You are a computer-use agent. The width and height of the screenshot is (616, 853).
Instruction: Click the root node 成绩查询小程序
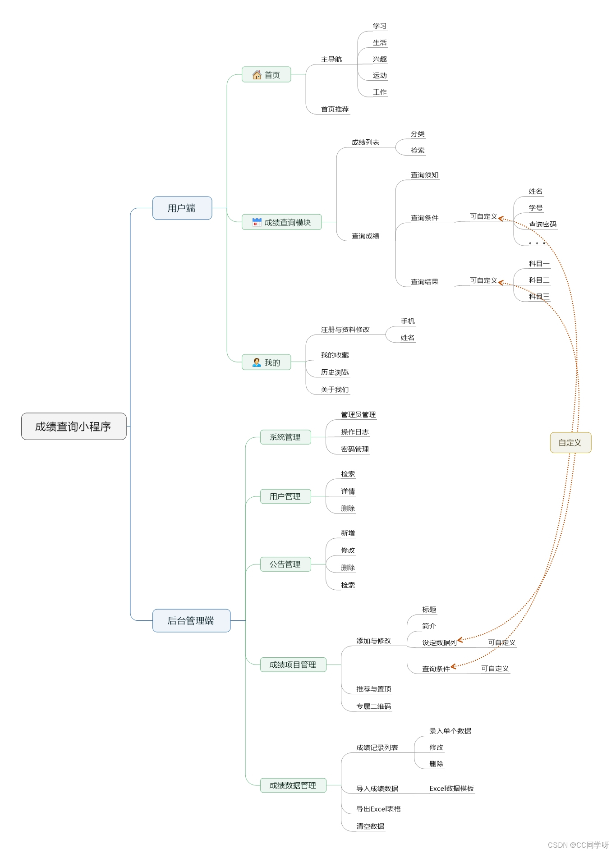[x=74, y=426]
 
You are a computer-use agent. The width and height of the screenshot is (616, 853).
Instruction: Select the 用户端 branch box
[x=182, y=208]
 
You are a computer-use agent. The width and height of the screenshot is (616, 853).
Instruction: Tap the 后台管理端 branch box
[x=191, y=620]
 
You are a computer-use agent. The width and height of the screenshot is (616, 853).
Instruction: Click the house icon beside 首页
[x=257, y=74]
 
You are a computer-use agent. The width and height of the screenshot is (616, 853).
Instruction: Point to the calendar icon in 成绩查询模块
[x=257, y=222]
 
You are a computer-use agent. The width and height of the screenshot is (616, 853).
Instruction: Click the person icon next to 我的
[x=257, y=362]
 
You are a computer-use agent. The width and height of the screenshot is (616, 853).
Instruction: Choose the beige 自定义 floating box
[x=570, y=442]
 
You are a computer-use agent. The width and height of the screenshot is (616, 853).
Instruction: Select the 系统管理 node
[x=285, y=437]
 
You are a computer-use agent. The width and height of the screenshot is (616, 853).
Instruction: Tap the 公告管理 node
[x=285, y=564]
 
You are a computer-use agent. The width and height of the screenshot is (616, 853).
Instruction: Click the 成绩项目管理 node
[x=293, y=665]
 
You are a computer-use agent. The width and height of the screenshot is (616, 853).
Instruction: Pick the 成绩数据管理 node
[x=293, y=785]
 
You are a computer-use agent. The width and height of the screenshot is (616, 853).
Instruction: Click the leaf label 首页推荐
[x=335, y=109]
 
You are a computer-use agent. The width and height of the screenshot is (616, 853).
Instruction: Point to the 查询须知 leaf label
[x=424, y=175]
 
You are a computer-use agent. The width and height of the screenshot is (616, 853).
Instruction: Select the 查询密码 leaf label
[x=542, y=224]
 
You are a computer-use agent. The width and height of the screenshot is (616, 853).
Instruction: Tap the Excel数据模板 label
[x=451, y=788]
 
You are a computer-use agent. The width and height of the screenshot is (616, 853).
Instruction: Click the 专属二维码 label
[x=373, y=706]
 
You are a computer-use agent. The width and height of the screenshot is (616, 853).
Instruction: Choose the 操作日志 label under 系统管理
[x=354, y=431]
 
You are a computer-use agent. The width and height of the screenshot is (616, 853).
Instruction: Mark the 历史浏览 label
[x=335, y=372]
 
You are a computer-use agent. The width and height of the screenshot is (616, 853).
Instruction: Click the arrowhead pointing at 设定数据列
[x=460, y=640]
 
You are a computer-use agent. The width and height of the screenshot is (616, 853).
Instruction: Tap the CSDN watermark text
[x=578, y=844]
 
